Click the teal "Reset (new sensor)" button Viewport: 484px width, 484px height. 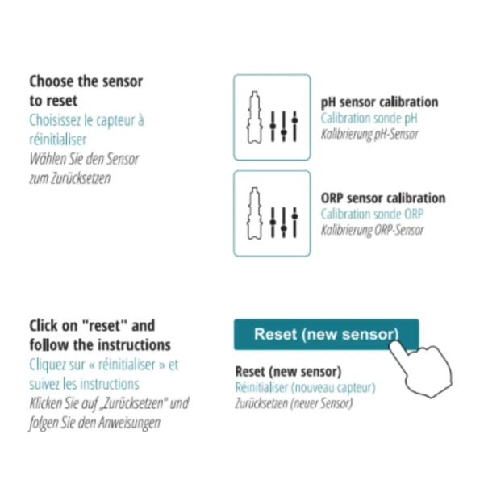pyautogui.click(x=326, y=335)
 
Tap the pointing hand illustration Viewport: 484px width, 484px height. pyautogui.click(x=421, y=369)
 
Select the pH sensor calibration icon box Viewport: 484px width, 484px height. pyautogui.click(x=272, y=117)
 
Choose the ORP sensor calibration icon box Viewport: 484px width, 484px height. pyautogui.click(x=272, y=213)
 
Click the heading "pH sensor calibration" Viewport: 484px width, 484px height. pyautogui.click(x=379, y=102)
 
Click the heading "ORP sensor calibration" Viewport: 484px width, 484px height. pyautogui.click(x=383, y=198)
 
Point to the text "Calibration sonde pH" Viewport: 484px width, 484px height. pyautogui.click(x=369, y=119)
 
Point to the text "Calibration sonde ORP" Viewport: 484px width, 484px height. pyautogui.click(x=372, y=214)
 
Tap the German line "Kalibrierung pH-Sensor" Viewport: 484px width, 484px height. pyautogui.click(x=369, y=134)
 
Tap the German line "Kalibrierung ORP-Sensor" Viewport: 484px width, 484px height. pyautogui.click(x=372, y=230)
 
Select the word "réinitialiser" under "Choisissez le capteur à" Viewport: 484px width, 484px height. pyautogui.click(x=58, y=140)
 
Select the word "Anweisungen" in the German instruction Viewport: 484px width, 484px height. pyautogui.click(x=129, y=423)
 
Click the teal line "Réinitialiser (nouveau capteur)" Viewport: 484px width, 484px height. pyautogui.click(x=305, y=388)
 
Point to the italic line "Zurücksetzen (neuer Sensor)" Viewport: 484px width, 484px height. pyautogui.click(x=294, y=403)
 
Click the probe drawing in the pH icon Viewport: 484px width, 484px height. pyautogui.click(x=254, y=117)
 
